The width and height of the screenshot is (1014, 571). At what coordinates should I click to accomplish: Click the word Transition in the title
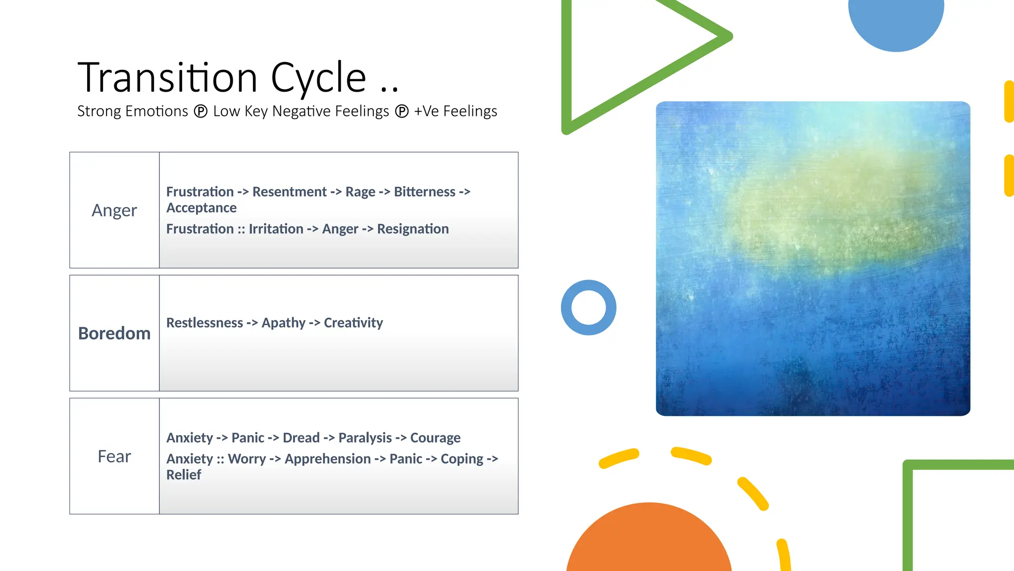pyautogui.click(x=167, y=78)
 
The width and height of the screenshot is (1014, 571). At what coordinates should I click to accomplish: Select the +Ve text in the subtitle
pyautogui.click(x=426, y=112)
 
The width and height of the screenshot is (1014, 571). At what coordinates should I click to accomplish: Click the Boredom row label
pyautogui.click(x=114, y=334)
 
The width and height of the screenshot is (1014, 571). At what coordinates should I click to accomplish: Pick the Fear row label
pyautogui.click(x=114, y=457)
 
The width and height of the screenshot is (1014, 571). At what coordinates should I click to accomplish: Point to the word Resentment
pyautogui.click(x=289, y=192)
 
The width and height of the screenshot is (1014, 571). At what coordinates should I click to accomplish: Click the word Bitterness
pyautogui.click(x=424, y=192)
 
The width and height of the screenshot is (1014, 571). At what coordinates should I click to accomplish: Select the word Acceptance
pyautogui.click(x=202, y=208)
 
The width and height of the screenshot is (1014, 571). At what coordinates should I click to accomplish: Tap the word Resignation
pyautogui.click(x=413, y=229)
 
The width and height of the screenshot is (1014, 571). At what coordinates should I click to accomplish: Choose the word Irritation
pyautogui.click(x=276, y=229)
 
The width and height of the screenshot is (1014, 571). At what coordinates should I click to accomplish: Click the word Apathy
pyautogui.click(x=284, y=323)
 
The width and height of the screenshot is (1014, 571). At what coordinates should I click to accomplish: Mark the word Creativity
pyautogui.click(x=354, y=323)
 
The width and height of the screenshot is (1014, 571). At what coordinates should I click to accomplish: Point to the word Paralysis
pyautogui.click(x=365, y=438)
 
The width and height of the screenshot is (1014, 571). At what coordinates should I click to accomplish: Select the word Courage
pyautogui.click(x=435, y=438)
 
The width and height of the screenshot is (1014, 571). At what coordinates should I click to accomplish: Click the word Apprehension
pyautogui.click(x=328, y=459)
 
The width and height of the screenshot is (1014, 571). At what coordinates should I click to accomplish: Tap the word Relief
pyautogui.click(x=184, y=475)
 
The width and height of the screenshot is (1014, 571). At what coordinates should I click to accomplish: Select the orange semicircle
pyautogui.click(x=649, y=540)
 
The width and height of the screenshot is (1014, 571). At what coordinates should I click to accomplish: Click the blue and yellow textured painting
pyautogui.click(x=813, y=259)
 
